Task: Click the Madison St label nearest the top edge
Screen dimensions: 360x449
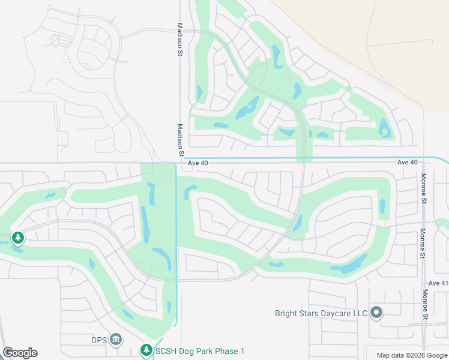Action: pos(179,40)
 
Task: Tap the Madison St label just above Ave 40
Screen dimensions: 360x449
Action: pos(180,140)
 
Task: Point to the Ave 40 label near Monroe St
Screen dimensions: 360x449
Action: pos(407,163)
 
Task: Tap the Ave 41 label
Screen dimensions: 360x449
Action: pos(438,283)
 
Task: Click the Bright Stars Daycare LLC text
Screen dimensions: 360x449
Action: pos(321,313)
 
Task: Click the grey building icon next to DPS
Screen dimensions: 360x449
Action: pos(116,340)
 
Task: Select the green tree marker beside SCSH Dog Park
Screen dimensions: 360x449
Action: pos(146,350)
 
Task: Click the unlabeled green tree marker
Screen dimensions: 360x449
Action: pos(18,239)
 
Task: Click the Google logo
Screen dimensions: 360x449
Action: pos(20,353)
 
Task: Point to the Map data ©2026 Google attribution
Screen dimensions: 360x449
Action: pos(412,355)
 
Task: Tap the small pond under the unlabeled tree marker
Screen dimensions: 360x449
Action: pos(17,248)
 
